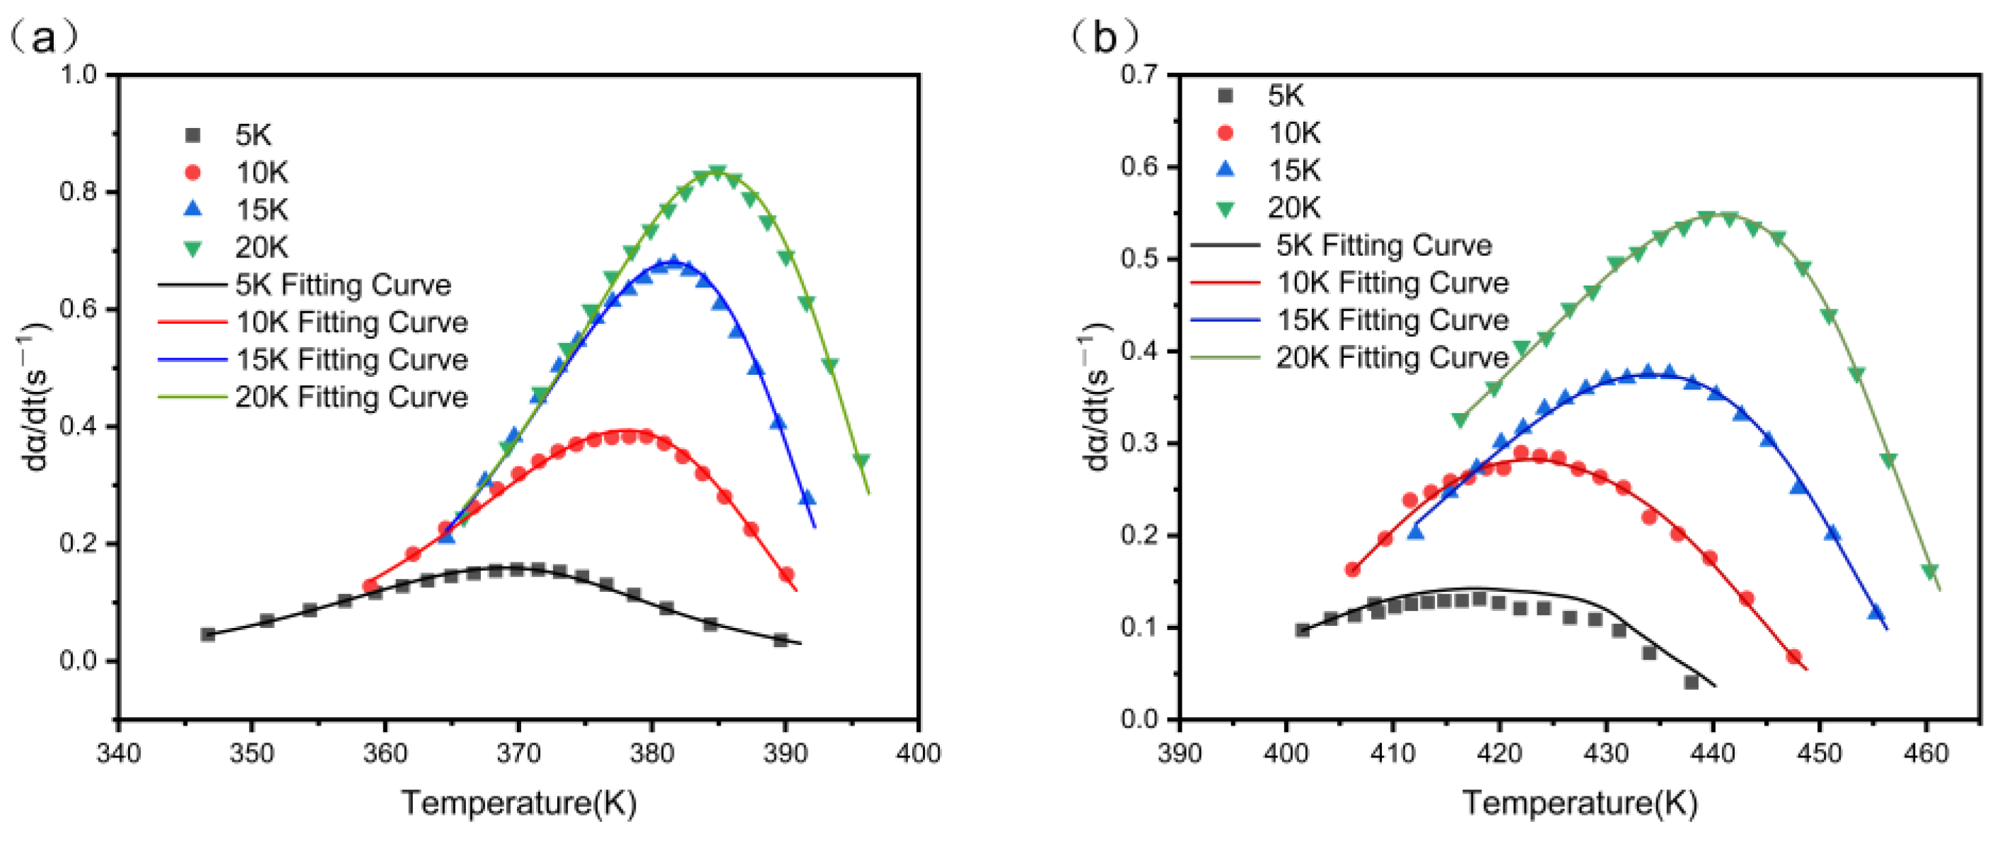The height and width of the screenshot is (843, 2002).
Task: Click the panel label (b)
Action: (x=1105, y=37)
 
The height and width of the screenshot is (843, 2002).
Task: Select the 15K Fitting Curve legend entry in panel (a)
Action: (x=351, y=360)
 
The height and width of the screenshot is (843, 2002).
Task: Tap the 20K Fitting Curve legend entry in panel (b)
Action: (x=1392, y=357)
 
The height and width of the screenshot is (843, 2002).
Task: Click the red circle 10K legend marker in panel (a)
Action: (x=193, y=173)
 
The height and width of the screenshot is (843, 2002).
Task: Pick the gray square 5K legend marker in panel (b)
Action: (x=1226, y=95)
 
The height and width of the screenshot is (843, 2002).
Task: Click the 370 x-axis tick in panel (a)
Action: (x=518, y=752)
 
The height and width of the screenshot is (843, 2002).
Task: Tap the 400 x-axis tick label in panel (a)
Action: (x=919, y=752)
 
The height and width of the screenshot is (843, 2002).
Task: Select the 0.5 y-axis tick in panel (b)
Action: (x=1139, y=259)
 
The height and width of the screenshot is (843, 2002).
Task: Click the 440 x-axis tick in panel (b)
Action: (x=1713, y=752)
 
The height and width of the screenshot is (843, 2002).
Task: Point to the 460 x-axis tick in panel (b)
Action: (x=1926, y=752)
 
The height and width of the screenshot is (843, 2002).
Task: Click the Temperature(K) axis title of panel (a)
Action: (x=519, y=803)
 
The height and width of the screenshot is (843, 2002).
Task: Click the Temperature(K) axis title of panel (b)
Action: (x=1580, y=803)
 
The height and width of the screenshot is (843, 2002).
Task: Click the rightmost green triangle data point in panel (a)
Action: (x=861, y=460)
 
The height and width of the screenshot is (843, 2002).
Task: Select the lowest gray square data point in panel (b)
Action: (x=1691, y=682)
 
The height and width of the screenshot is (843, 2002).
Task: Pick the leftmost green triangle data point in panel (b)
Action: (x=1460, y=419)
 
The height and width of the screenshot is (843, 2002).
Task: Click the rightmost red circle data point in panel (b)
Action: (x=1793, y=656)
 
